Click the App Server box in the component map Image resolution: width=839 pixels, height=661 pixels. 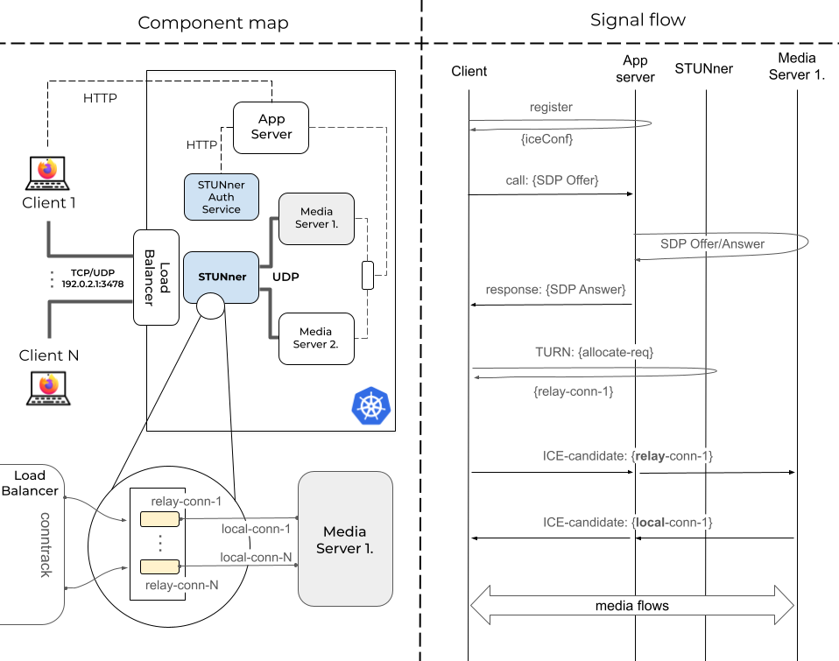pyautogui.click(x=271, y=127)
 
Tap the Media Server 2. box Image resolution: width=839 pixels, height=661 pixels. pyautogui.click(x=315, y=338)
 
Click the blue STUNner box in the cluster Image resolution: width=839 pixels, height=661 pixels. pyautogui.click(x=221, y=277)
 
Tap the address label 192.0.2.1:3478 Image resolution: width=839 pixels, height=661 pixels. pyautogui.click(x=92, y=285)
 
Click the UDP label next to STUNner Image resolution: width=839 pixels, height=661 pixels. pyautogui.click(x=286, y=277)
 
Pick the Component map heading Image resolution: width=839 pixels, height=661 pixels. pyautogui.click(x=213, y=23)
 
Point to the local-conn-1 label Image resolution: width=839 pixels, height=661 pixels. pyautogui.click(x=255, y=529)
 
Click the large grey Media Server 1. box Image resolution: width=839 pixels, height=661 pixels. pyautogui.click(x=345, y=538)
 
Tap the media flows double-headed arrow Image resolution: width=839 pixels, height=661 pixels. pyautogui.click(x=632, y=606)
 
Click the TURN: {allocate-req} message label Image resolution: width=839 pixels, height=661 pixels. pyautogui.click(x=595, y=351)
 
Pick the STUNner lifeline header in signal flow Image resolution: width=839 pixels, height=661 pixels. pyautogui.click(x=704, y=68)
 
